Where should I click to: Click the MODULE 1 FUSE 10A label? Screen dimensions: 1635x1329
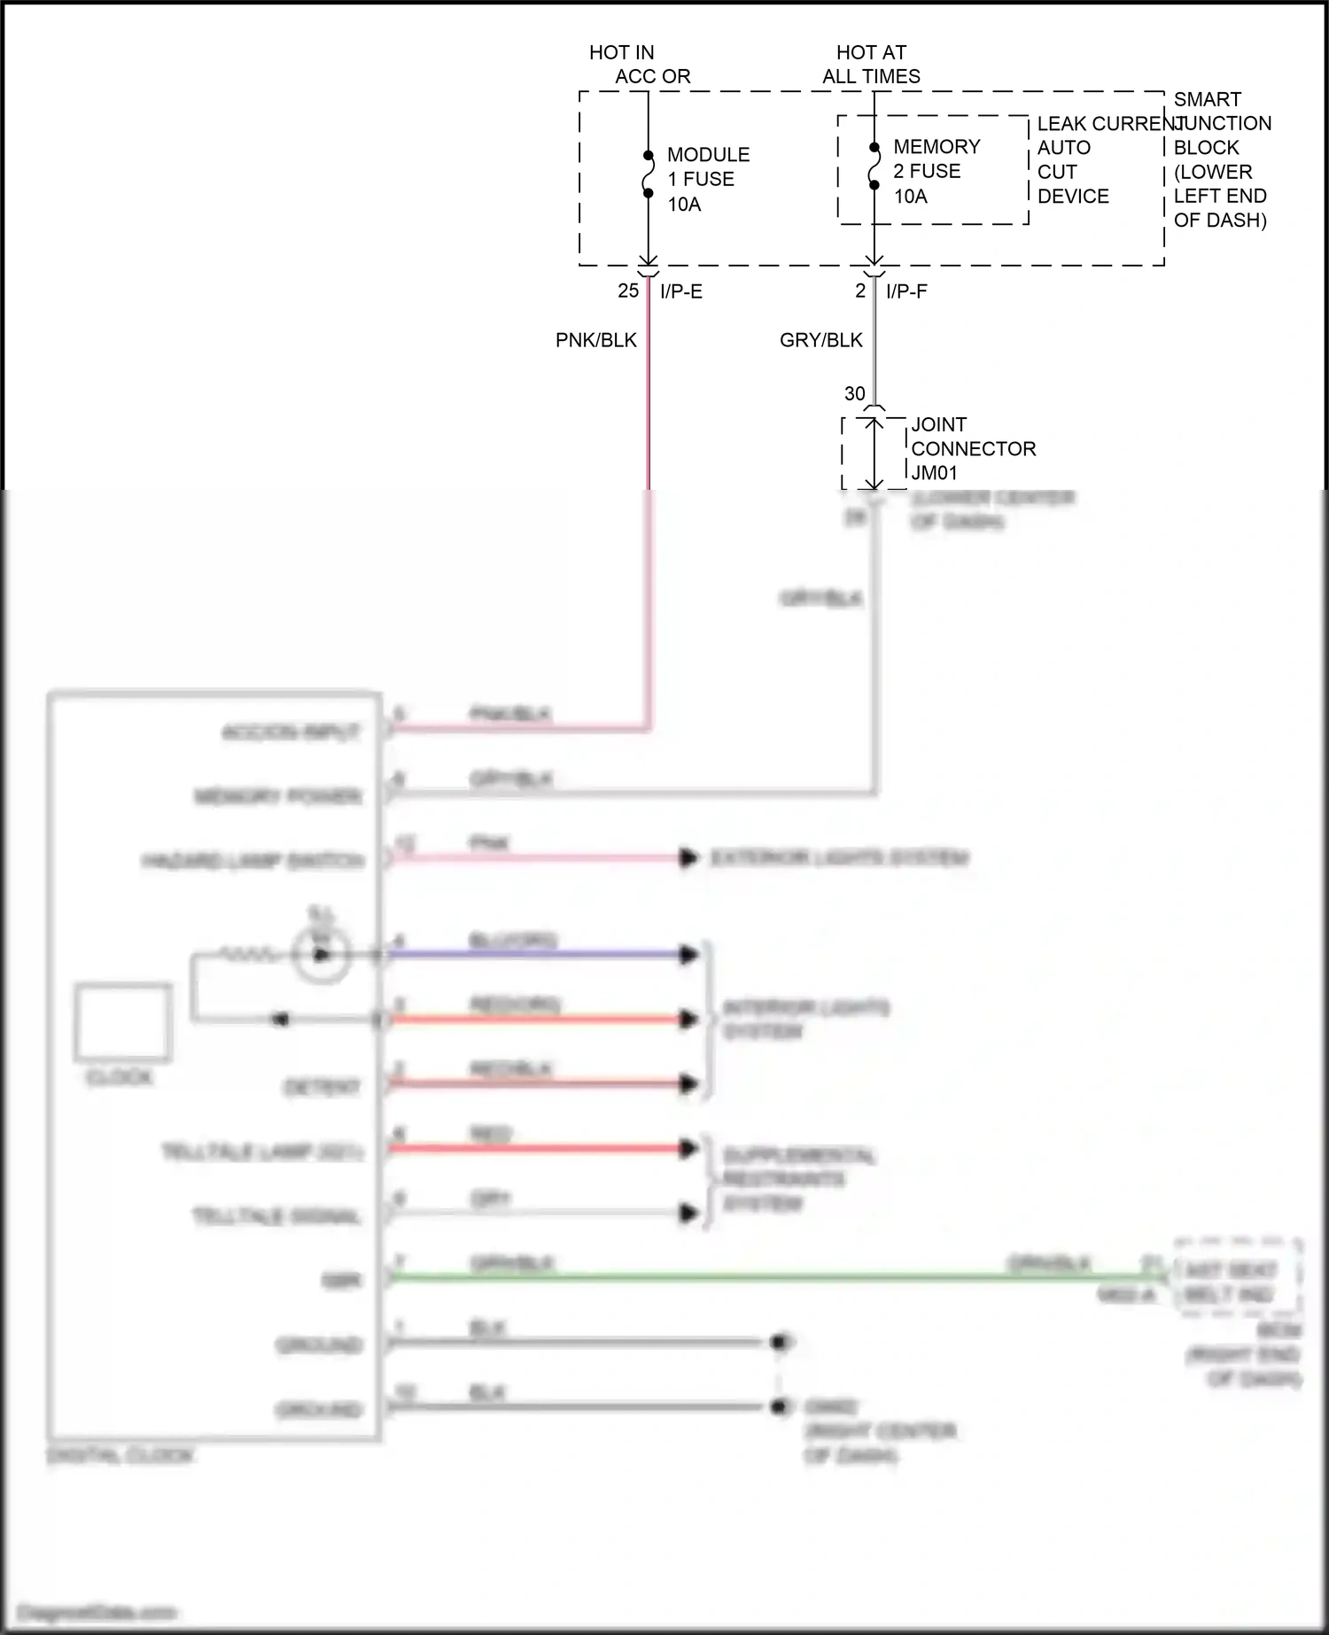coord(707,179)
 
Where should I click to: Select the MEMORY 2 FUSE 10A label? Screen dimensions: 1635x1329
coord(936,171)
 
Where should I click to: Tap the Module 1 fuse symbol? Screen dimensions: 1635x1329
coord(648,174)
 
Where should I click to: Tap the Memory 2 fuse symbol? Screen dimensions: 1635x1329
coord(874,167)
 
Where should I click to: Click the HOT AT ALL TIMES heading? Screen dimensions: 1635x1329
coord(871,65)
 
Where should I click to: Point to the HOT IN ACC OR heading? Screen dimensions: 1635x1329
coord(639,65)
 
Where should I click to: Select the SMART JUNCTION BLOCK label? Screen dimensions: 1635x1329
coord(1220,159)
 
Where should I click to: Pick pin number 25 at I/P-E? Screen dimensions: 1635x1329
coord(627,291)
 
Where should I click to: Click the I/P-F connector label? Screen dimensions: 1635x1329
coord(905,291)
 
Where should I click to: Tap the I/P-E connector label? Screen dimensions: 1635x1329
coord(680,291)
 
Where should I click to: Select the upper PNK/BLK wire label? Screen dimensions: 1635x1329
coord(595,340)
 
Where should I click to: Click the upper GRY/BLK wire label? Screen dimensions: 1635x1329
coord(820,340)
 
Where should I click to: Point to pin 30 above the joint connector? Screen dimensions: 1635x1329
coord(854,393)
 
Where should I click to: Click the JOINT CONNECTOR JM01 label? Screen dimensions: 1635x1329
coord(972,448)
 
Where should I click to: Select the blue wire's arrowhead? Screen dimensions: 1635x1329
coord(688,955)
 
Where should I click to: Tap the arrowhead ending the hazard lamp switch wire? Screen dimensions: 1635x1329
coord(688,858)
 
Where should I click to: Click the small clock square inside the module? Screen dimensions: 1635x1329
coord(122,1021)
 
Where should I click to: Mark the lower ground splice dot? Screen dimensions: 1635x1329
coord(780,1406)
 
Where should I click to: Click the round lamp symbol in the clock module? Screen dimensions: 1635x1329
coord(322,955)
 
